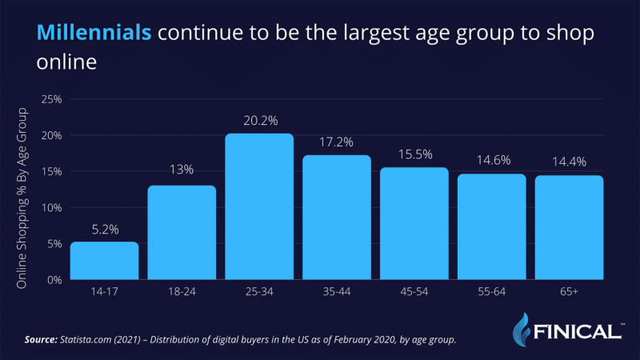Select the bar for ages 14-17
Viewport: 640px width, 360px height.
point(104,261)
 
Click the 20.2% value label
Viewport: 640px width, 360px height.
point(259,121)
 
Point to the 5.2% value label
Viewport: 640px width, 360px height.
point(104,229)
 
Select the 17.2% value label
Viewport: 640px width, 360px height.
point(337,142)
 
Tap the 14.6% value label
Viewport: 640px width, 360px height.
point(491,161)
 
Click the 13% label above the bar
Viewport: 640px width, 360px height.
point(182,172)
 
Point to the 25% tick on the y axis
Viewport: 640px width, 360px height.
point(51,100)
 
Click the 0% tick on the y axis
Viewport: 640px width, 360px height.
point(54,280)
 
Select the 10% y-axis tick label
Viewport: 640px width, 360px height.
point(51,208)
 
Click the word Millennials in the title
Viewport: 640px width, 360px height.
point(94,32)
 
